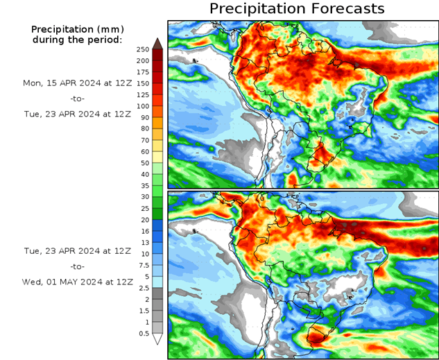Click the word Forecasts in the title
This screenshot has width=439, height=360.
click(345, 9)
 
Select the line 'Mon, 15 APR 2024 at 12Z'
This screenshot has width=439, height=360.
click(77, 83)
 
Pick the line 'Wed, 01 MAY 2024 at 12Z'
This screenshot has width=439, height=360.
click(77, 282)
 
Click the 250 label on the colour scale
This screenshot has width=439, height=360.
click(143, 49)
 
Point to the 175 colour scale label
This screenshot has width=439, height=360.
click(143, 72)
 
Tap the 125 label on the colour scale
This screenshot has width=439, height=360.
click(143, 94)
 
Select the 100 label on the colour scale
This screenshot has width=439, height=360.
click(143, 106)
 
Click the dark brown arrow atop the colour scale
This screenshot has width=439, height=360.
click(157, 43)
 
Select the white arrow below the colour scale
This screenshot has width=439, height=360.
click(157, 339)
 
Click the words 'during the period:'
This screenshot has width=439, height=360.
click(77, 40)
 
